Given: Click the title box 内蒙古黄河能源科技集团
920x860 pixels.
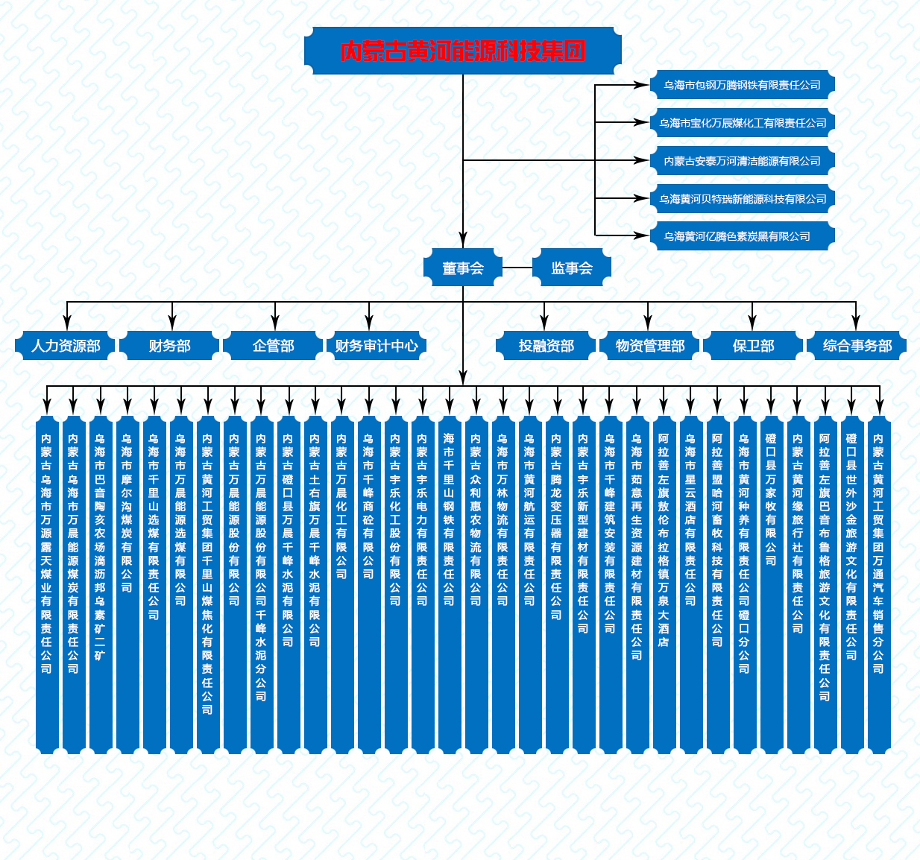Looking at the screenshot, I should coord(462,51).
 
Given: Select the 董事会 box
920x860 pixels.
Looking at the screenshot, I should coord(462,268).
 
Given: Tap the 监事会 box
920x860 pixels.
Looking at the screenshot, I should coord(572,268).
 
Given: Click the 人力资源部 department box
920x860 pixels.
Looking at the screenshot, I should coord(66,346).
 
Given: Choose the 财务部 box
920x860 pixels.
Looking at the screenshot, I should coord(169,346).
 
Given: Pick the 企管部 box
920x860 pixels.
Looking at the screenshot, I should coord(273,346).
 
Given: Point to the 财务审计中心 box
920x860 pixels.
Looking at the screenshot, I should coord(376,346).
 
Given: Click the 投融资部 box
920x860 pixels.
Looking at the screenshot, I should coord(546,346).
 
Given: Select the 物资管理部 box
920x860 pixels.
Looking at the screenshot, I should coord(649,346).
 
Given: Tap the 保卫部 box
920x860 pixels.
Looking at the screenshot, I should coord(753,346).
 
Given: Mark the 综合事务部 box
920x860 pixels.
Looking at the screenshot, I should coord(857,346).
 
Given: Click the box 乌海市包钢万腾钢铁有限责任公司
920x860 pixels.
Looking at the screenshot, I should coord(743,85).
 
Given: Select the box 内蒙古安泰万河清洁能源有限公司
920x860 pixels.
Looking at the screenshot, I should coord(743,161).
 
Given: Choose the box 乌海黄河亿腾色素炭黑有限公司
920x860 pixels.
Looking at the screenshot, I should coord(743,236).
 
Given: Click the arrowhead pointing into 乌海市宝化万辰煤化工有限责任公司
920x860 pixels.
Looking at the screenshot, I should coord(641,122).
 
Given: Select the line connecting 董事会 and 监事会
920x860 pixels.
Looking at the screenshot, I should coord(517,268).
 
